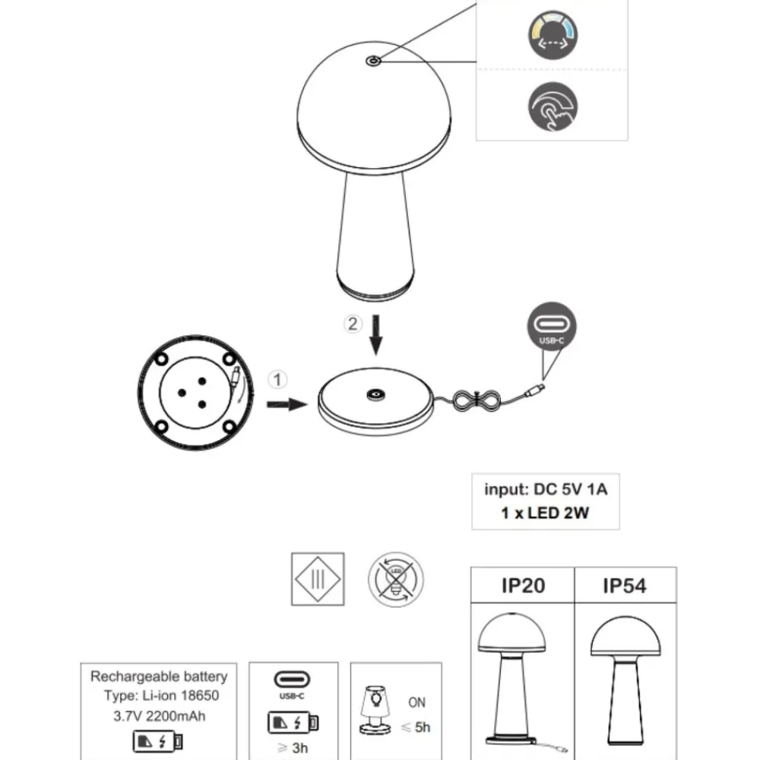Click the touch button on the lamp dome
372,61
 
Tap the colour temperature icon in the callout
553,35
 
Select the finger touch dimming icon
553,106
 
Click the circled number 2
353,324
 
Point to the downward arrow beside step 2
375,335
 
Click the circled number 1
277,379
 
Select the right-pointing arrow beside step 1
287,404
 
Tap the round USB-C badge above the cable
552,326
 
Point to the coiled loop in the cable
477,401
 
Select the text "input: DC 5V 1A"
546,489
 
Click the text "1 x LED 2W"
545,513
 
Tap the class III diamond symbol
318,579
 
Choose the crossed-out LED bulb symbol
395,579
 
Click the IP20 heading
523,585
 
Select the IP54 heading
625,586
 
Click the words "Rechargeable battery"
159,676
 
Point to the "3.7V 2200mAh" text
160,716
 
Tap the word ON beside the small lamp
416,702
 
